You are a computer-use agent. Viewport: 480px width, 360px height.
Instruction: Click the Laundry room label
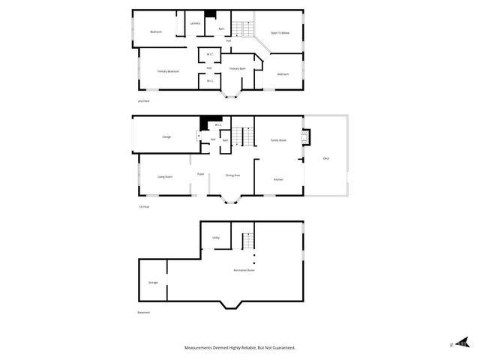pyautogui.click(x=195, y=24)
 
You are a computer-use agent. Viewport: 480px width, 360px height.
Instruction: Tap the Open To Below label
pyautogui.click(x=280, y=33)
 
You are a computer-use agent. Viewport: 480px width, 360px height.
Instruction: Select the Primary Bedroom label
pyautogui.click(x=168, y=71)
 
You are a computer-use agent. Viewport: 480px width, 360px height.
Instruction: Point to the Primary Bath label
pyautogui.click(x=238, y=69)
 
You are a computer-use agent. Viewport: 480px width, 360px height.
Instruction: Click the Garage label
pyautogui.click(x=166, y=137)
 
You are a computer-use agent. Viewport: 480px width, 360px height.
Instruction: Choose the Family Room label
pyautogui.click(x=278, y=140)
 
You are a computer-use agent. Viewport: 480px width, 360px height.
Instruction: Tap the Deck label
pyautogui.click(x=325, y=158)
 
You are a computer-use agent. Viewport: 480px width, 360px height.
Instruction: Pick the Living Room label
pyautogui.click(x=165, y=176)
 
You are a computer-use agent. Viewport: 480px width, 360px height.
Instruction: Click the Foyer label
pyautogui.click(x=201, y=174)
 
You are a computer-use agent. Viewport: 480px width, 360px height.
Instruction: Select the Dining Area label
pyautogui.click(x=232, y=175)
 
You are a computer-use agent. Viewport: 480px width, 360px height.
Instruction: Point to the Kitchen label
pyautogui.click(x=277, y=180)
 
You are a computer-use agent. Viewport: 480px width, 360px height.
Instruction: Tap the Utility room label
pyautogui.click(x=216, y=238)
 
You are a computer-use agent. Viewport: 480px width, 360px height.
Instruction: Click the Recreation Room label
pyautogui.click(x=244, y=270)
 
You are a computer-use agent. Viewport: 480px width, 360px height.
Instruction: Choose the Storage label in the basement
pyautogui.click(x=153, y=283)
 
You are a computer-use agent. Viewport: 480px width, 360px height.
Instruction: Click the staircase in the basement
pyautogui.click(x=247, y=243)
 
